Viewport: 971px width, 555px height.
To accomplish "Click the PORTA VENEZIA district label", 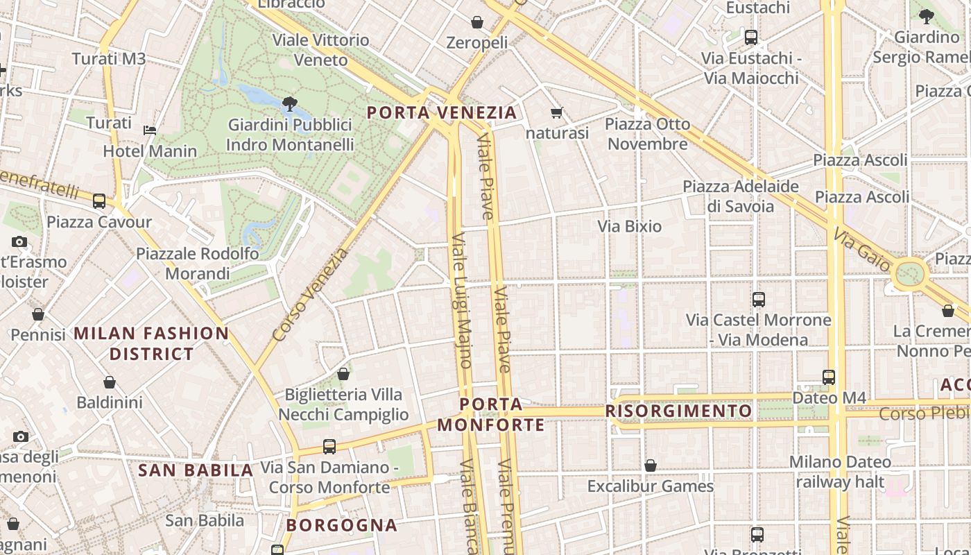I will [442, 112].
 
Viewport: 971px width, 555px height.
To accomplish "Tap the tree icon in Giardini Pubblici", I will [290, 105].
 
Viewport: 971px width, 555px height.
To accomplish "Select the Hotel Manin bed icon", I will [150, 130].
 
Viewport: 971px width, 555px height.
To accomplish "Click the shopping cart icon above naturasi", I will [556, 112].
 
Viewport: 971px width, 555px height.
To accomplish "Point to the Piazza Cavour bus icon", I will [99, 201].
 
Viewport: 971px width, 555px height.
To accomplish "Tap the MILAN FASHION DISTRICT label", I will [151, 343].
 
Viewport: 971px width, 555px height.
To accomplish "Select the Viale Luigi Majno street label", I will [462, 300].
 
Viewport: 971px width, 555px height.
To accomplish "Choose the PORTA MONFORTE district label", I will [491, 414].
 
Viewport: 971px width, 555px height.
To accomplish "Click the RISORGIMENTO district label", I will [678, 411].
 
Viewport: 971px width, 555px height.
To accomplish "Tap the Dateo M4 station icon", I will [829, 377].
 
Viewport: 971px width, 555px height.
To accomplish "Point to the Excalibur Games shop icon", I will [651, 466].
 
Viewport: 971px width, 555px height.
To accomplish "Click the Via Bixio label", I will [630, 226].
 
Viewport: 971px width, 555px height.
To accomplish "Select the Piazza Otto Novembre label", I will [648, 134].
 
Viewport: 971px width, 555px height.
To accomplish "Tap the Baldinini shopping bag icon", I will [110, 382].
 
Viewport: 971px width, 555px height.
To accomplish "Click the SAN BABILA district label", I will [196, 470].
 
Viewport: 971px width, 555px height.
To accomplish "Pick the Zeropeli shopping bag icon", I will [477, 22].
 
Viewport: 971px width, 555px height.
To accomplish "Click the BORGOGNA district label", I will [342, 525].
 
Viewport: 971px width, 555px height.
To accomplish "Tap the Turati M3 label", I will [109, 59].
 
